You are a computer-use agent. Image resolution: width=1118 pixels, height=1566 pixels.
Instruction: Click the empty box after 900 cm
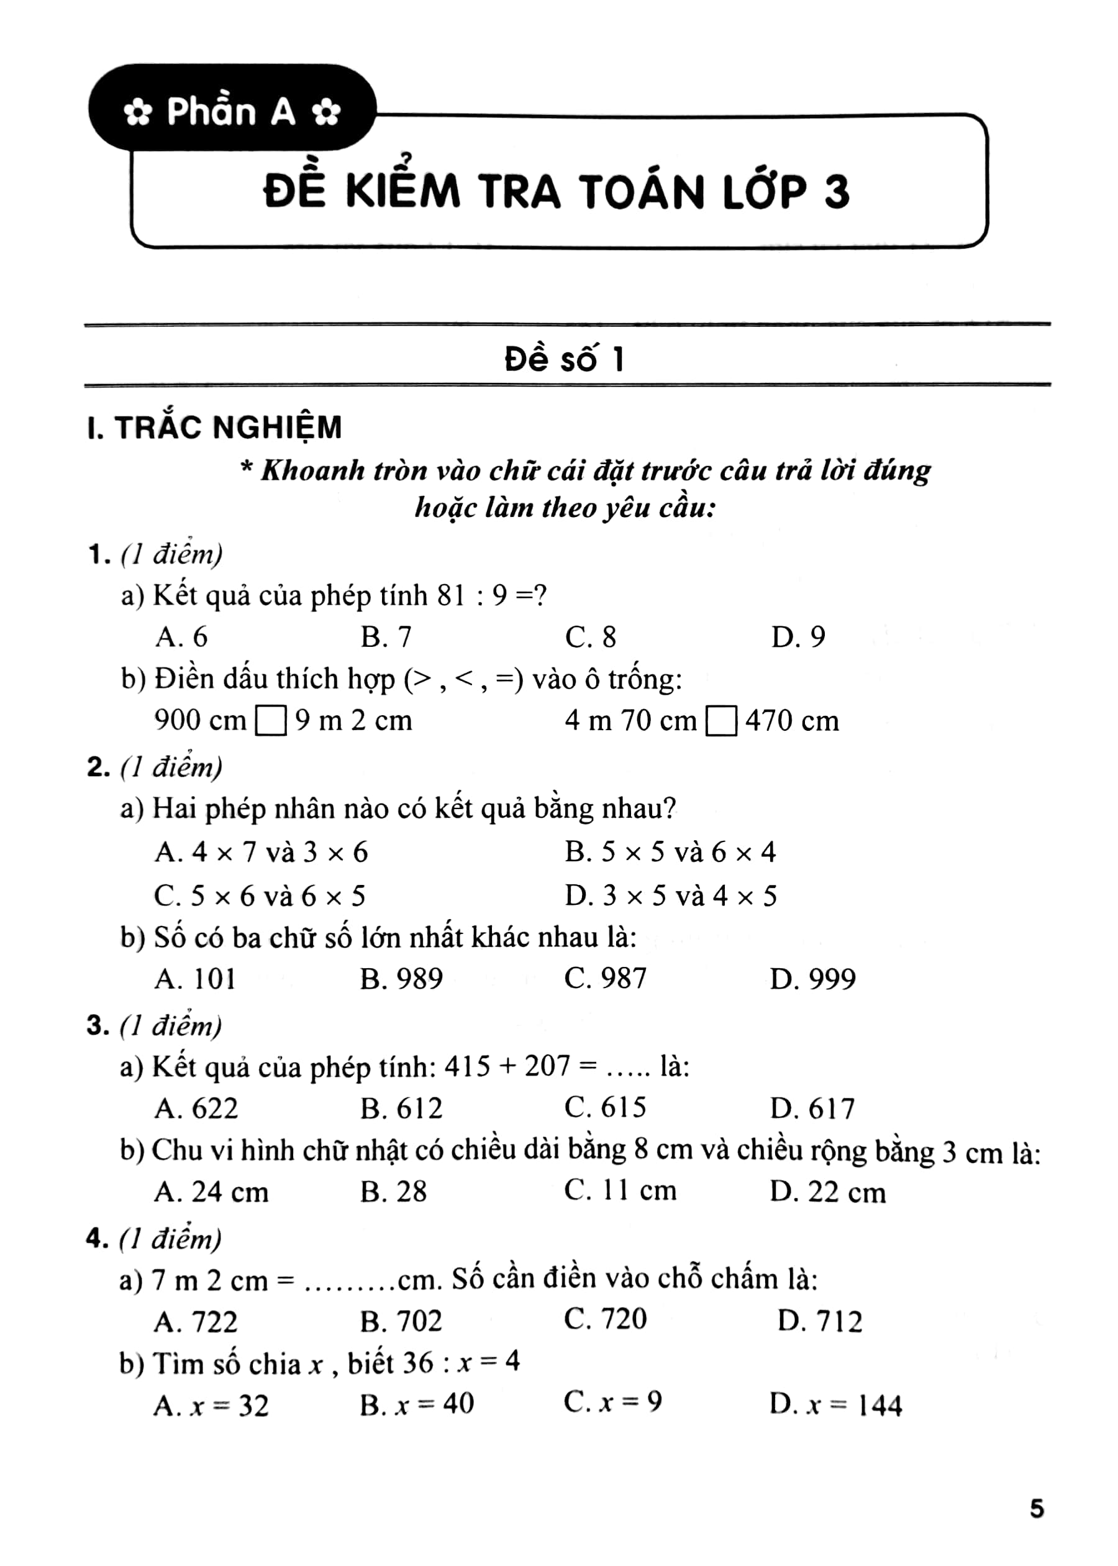(x=271, y=721)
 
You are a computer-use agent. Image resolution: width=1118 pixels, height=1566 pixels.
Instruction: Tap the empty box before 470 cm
(x=722, y=721)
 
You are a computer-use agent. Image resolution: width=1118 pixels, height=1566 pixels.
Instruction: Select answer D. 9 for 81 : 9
(x=798, y=637)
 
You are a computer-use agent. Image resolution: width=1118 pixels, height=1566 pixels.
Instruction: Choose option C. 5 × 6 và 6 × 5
(x=260, y=896)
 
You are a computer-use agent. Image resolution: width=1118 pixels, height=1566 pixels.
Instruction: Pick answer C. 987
(x=605, y=979)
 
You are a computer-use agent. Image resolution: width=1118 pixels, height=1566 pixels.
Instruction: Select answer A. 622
(x=196, y=1109)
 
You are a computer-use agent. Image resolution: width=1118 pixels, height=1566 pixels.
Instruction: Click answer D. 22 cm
(x=827, y=1192)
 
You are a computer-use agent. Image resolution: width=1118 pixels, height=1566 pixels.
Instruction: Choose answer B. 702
(x=401, y=1321)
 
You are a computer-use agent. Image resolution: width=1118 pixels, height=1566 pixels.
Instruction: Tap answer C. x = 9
(x=612, y=1401)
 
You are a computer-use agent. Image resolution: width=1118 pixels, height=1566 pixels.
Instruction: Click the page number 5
(x=1037, y=1509)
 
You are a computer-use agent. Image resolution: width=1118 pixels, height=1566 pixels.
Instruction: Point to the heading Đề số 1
(x=565, y=359)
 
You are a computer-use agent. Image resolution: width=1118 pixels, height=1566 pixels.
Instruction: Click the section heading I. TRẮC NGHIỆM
(x=215, y=428)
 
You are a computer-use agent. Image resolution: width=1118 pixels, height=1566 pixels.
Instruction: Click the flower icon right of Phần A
(x=325, y=114)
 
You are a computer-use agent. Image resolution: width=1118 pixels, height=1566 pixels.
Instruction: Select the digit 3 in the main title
(x=836, y=191)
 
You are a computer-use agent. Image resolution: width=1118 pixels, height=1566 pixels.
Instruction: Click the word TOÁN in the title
(x=641, y=191)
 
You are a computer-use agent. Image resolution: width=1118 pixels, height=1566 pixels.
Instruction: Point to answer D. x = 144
(x=835, y=1405)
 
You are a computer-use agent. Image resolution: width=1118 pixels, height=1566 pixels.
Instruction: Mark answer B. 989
(x=401, y=979)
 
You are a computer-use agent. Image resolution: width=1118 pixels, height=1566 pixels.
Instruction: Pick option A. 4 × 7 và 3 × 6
(x=261, y=853)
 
